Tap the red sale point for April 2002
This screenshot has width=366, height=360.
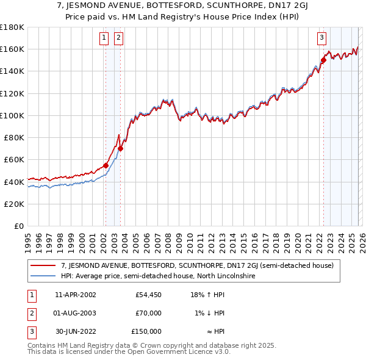pyautogui.click(x=106, y=165)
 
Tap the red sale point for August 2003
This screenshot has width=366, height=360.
pyautogui.click(x=120, y=148)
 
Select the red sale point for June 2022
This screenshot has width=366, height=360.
pyautogui.click(x=324, y=60)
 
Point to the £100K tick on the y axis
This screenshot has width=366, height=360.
pyautogui.click(x=12, y=115)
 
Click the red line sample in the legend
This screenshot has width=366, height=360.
pyautogui.click(x=44, y=266)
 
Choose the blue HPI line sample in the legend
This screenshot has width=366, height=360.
pyautogui.click(x=44, y=276)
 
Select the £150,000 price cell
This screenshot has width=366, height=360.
pyautogui.click(x=146, y=331)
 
